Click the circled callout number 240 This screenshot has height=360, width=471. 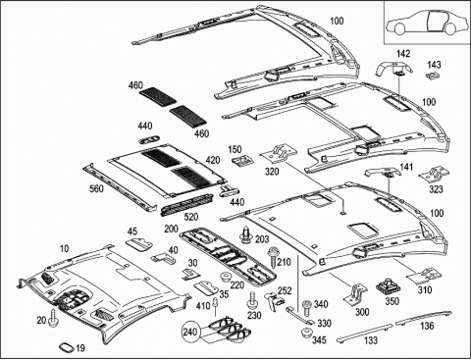(x=190, y=333)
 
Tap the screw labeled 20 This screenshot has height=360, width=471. (x=53, y=318)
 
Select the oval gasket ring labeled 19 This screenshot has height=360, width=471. (x=66, y=346)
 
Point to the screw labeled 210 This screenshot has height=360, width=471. (x=272, y=258)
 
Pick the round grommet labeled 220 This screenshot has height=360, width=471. (x=226, y=277)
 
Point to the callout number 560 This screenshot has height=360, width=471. (x=96, y=188)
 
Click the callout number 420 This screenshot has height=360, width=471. (x=213, y=160)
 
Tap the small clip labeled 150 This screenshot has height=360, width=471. (x=243, y=161)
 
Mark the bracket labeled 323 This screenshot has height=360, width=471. (x=434, y=175)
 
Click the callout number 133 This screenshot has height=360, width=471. (x=371, y=340)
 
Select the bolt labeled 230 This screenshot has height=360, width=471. (x=251, y=301)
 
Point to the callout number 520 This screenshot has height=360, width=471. (x=191, y=217)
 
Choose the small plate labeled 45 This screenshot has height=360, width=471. (x=139, y=244)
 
